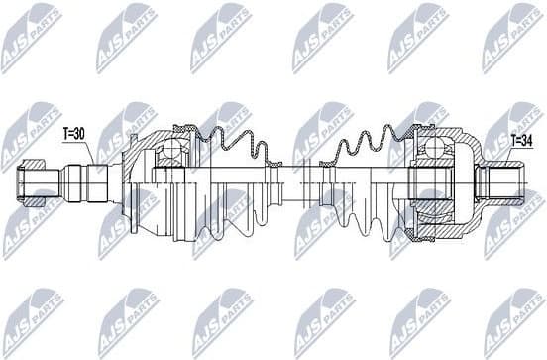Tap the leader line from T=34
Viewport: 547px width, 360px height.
[x=505, y=155]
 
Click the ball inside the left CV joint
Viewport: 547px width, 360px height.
[x=171, y=152]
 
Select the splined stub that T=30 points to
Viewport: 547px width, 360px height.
[x=93, y=181]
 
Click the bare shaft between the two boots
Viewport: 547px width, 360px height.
[x=297, y=181]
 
